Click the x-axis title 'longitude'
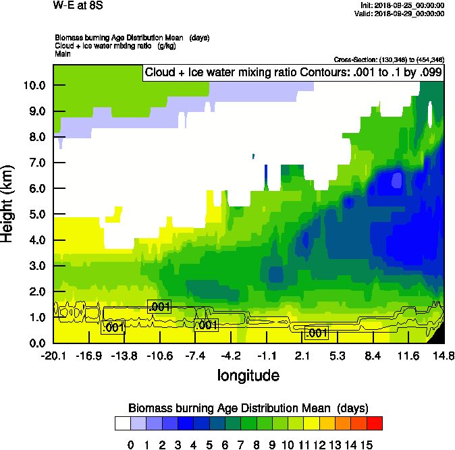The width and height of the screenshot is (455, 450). pos(248,374)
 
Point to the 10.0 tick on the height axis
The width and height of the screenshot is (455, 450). pos(34,86)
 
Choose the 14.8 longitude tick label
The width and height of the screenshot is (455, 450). pos(444,356)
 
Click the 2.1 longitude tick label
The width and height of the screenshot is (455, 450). pos(302,356)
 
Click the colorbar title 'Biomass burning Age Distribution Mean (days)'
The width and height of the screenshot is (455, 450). pos(248,408)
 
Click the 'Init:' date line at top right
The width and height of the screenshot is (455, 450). pos(403,5)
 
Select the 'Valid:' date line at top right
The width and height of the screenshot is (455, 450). pos(402,13)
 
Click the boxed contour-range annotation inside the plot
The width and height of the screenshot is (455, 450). pos(293,73)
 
